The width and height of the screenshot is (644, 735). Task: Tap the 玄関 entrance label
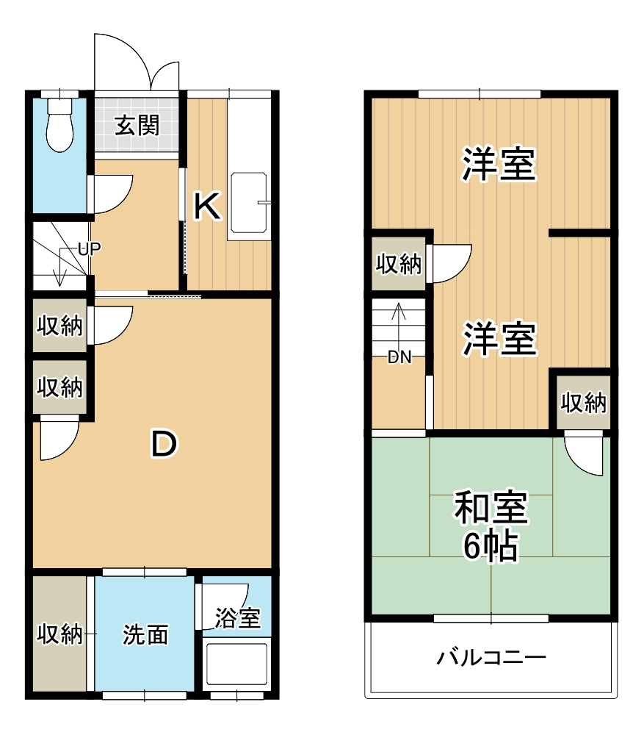pyautogui.click(x=137, y=126)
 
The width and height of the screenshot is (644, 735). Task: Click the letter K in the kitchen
pyautogui.click(x=207, y=207)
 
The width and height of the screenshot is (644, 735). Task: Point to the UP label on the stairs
pyautogui.click(x=89, y=248)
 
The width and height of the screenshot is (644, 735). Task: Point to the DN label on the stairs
pyautogui.click(x=399, y=358)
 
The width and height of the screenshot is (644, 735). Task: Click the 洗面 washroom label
pyautogui.click(x=145, y=634)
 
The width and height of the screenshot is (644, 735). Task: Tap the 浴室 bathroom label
pyautogui.click(x=237, y=618)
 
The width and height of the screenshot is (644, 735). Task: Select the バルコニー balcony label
pyautogui.click(x=491, y=656)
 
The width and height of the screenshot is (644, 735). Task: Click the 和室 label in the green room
pyautogui.click(x=491, y=509)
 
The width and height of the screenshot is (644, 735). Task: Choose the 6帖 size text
pyautogui.click(x=491, y=545)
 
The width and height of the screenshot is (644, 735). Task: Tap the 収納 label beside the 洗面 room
pyautogui.click(x=60, y=634)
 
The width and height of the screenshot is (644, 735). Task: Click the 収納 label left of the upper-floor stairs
pyautogui.click(x=399, y=263)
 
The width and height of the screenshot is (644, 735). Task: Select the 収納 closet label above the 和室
pyautogui.click(x=583, y=402)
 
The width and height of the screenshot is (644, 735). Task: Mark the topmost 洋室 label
pyautogui.click(x=499, y=165)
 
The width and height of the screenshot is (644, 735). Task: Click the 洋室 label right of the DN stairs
pyautogui.click(x=499, y=339)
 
